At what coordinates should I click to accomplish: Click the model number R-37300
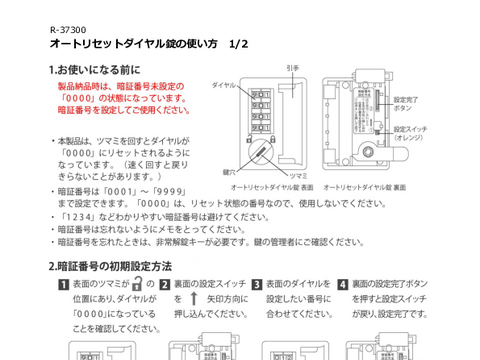(x=66, y=29)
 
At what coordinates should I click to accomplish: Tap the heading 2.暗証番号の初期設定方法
(x=111, y=266)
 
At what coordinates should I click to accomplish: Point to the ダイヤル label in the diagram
(x=224, y=87)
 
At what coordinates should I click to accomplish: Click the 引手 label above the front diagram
(x=292, y=68)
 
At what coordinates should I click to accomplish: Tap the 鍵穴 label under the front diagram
(x=229, y=172)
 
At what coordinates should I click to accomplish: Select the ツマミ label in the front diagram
(x=269, y=172)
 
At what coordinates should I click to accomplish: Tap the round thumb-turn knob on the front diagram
(x=258, y=151)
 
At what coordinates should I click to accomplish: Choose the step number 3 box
(x=256, y=285)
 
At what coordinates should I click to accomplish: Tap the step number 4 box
(x=343, y=285)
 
